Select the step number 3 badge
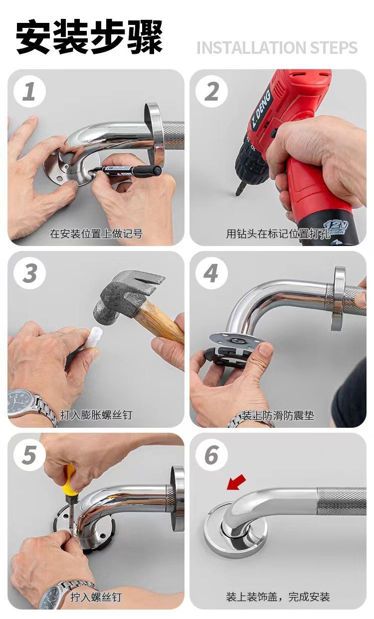tap(29, 273)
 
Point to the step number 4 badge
tap(211, 273)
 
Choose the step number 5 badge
tap(29, 455)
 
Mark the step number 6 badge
tap(211, 455)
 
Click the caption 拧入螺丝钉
tap(96, 597)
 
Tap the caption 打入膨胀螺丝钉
tap(96, 414)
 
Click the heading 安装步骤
tap(90, 38)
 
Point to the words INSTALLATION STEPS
tap(277, 48)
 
